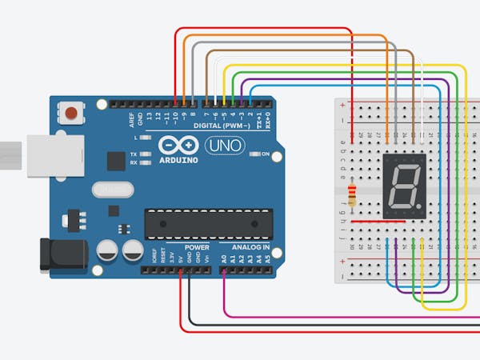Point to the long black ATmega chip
pyautogui.click(x=206, y=223)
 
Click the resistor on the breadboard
pyautogui.click(x=353, y=194)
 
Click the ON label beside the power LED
pyautogui.click(x=265, y=154)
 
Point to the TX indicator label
pyautogui.click(x=134, y=154)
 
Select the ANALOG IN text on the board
pyautogui.click(x=251, y=247)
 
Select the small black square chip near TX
pyautogui.click(x=116, y=162)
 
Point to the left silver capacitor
pyautogui.click(x=109, y=251)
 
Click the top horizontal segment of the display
pyautogui.click(x=406, y=169)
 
